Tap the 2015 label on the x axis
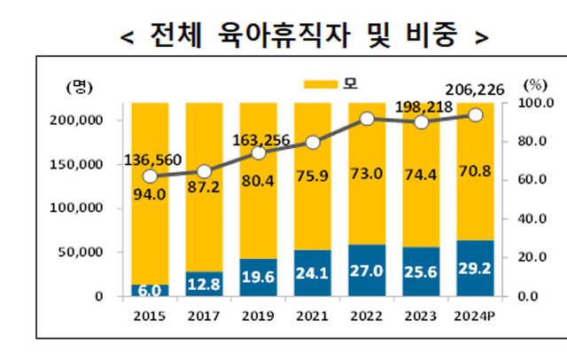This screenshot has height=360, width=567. [x=150, y=314]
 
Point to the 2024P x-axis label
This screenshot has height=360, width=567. [x=475, y=314]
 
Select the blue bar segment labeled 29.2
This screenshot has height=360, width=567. [x=475, y=268]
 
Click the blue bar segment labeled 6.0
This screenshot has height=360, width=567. [x=150, y=290]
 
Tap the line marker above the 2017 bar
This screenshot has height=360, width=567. [x=204, y=171]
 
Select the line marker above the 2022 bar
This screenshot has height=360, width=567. [x=367, y=119]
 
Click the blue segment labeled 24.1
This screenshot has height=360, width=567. [x=313, y=273]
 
